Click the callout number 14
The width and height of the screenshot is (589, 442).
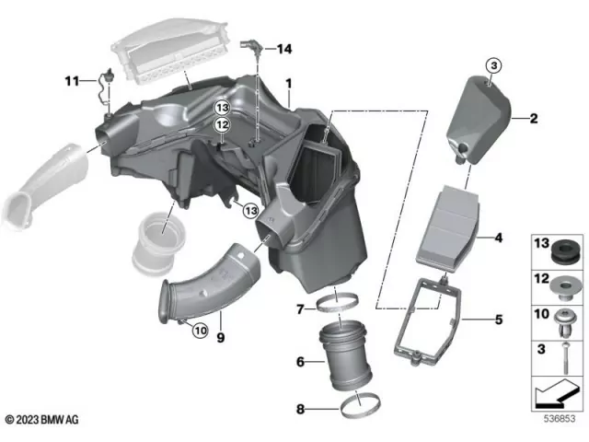pyautogui.click(x=283, y=48)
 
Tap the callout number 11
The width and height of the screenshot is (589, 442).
pyautogui.click(x=70, y=82)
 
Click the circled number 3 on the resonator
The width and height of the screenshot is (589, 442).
pyautogui.click(x=493, y=64)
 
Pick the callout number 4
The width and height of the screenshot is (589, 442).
pyautogui.click(x=499, y=238)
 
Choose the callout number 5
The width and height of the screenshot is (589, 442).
pyautogui.click(x=499, y=320)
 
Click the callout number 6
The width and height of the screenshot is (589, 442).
pyautogui.click(x=301, y=362)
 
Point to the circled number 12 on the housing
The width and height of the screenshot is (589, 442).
pyautogui.click(x=222, y=124)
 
